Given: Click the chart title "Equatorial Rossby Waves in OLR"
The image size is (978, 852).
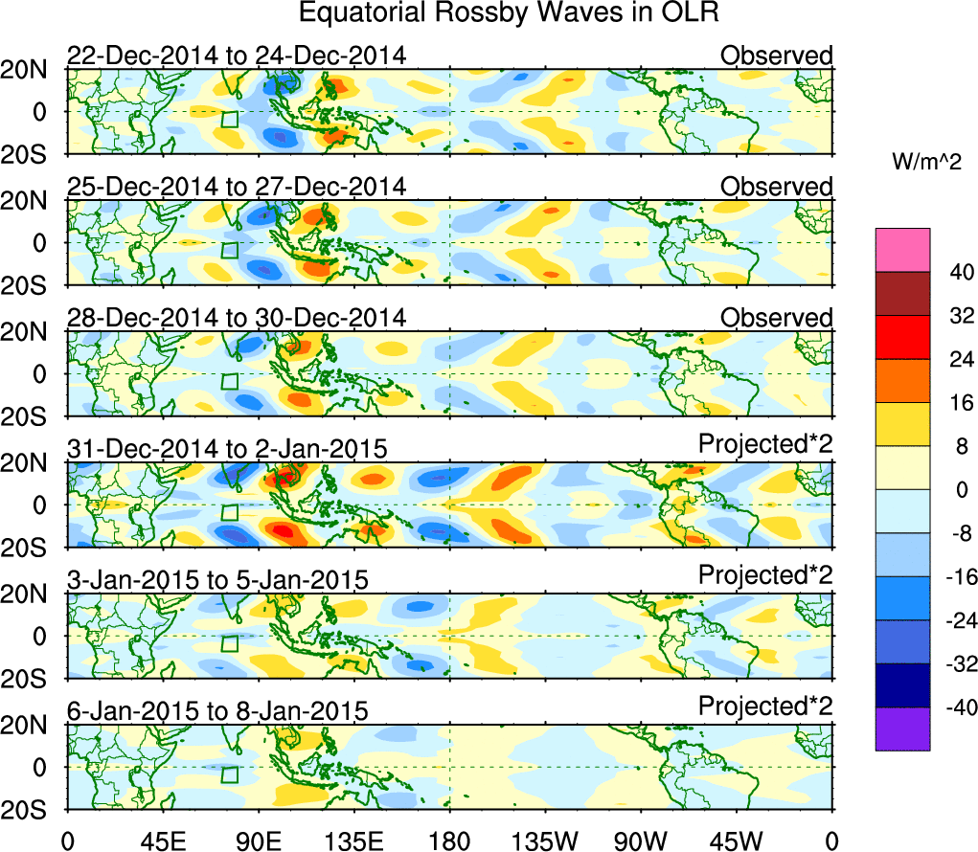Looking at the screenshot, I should tap(508, 13).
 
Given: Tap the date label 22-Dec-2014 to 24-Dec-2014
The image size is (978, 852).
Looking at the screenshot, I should tap(237, 56).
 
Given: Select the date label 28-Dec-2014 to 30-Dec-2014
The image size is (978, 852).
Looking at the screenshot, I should tap(237, 318).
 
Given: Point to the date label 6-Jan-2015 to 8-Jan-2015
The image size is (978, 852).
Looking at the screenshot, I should tap(217, 710).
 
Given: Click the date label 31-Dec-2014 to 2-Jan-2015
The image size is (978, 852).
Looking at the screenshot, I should tap(227, 448).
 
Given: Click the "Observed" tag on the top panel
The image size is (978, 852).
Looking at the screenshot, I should tap(777, 56).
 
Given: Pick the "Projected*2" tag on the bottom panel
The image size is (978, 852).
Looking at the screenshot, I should tap(765, 706).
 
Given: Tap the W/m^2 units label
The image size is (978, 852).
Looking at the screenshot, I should tap(928, 162).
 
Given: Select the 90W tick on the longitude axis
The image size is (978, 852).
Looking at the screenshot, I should tap(641, 841).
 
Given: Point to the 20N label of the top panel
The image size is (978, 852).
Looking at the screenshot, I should tap(31, 69).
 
